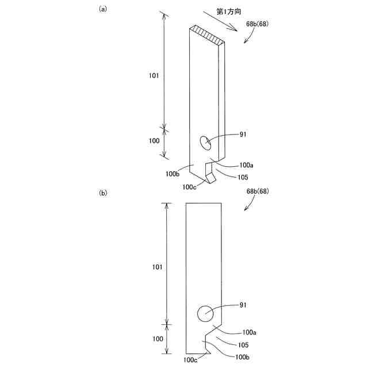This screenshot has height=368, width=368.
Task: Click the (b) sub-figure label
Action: pos(103,194)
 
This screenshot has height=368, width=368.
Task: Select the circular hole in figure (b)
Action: pos(206,313)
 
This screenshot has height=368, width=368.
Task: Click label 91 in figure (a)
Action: pos(243,135)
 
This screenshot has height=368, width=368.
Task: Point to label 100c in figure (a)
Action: pos(190,186)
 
